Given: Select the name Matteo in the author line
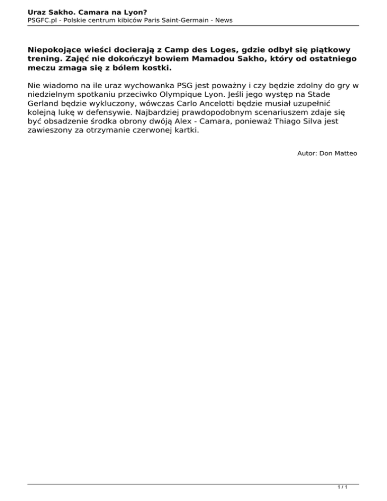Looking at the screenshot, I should click(x=345, y=153).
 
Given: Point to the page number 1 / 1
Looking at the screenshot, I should click(x=342, y=488).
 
